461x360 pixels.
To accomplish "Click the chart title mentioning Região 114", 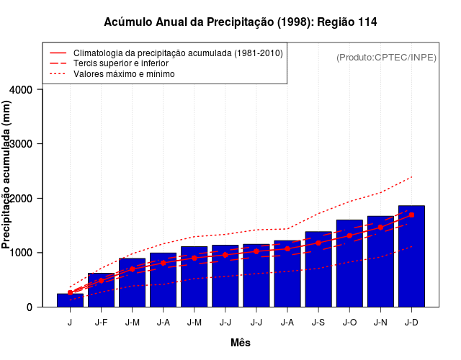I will tap(240, 22).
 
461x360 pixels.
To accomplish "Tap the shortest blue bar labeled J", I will tap(70, 300).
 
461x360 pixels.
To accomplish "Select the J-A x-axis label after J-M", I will tap(163, 323).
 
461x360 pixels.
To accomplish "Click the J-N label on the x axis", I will tap(380, 323).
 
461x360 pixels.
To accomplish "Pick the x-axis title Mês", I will tap(241, 343).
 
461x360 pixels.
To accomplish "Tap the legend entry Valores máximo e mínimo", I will tap(125, 73).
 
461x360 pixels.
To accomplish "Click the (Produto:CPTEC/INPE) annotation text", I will tap(386, 57).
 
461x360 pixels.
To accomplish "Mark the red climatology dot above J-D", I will tap(411, 215).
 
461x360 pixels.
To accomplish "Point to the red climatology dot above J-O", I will tap(349, 235).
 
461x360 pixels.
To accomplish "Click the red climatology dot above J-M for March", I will tap(132, 269).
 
